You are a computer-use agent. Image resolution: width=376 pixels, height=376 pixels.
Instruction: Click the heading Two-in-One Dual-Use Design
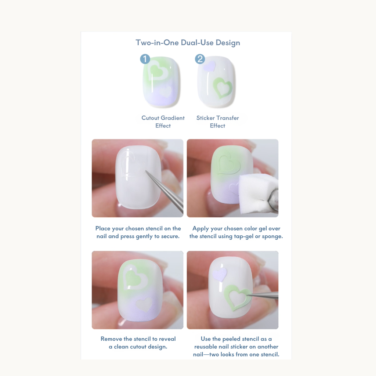point(188,43)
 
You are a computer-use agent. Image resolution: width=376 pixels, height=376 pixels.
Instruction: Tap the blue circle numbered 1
point(145,59)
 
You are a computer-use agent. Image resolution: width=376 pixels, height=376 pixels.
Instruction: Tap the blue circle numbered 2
point(200,59)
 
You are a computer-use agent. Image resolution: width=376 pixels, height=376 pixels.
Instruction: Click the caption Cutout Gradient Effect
point(163,122)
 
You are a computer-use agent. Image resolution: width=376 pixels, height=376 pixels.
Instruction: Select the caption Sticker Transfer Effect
point(217,122)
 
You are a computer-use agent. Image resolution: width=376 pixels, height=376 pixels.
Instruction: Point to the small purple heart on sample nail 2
point(210,66)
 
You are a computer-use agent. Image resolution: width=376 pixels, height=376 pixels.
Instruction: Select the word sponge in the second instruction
point(272,236)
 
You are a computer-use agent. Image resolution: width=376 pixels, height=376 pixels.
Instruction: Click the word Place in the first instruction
point(103,228)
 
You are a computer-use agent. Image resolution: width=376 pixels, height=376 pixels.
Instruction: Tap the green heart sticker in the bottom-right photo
point(237,297)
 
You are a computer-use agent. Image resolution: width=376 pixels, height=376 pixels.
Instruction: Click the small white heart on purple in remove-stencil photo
point(144,305)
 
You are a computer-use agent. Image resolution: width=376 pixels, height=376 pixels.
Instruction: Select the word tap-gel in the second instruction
point(245,236)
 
